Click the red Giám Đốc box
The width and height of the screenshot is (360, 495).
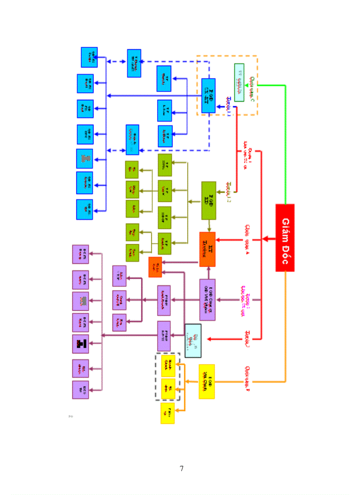[x=285, y=238]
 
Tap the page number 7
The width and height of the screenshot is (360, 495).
[x=181, y=469]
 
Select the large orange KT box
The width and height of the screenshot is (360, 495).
[x=207, y=249]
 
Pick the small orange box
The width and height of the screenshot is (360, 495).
[x=155, y=267]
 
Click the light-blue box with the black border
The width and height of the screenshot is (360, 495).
[x=193, y=340]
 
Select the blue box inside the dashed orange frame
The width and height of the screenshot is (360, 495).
[x=208, y=95]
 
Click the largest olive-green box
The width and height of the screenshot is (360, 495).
[x=208, y=201]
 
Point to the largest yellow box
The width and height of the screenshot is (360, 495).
[x=207, y=381]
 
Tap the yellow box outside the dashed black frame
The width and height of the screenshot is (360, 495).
[x=168, y=413]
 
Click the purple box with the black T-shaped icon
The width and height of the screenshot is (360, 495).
[x=80, y=344]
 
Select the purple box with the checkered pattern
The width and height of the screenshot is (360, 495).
[x=80, y=301]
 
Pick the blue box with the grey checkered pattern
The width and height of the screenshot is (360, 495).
[x=85, y=158]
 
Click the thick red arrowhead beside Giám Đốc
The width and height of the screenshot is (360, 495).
[x=266, y=238]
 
